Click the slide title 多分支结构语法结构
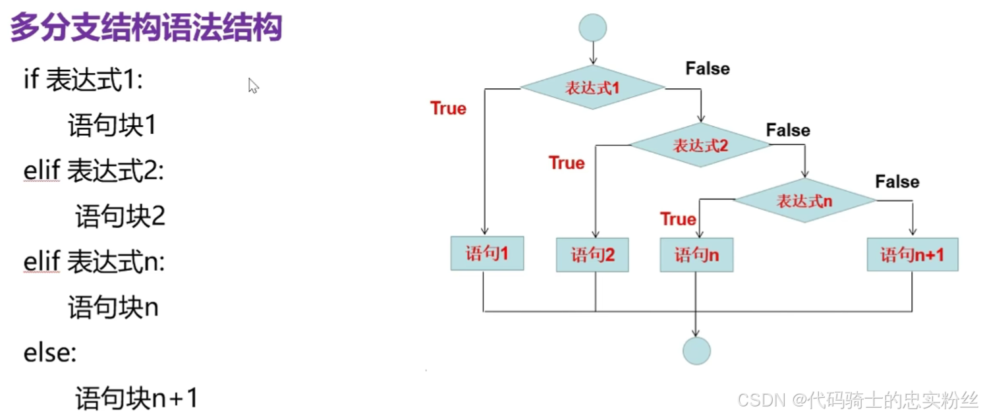coord(146,28)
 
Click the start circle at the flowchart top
coord(592,28)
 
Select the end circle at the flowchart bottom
coord(696,350)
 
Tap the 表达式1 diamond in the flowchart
coord(592,88)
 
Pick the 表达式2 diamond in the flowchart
coord(700,145)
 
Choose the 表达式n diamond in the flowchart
coord(804,200)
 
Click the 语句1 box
coord(487,254)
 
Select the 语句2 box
coord(592,255)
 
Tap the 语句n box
coord(696,255)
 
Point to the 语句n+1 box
coord(912,254)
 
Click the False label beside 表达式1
coord(708,69)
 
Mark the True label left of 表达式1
coord(448,109)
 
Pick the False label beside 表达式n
coord(897,181)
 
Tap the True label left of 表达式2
coord(567,163)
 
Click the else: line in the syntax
coord(50,354)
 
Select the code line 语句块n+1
coord(136,399)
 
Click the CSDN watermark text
coord(857,399)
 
